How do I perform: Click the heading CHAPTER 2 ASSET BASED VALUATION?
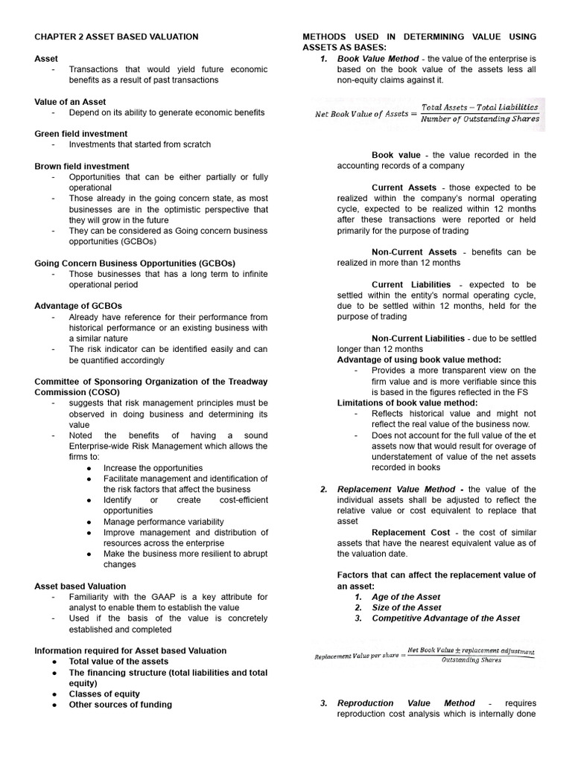tap(116, 36)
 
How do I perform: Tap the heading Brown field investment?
tap(82, 166)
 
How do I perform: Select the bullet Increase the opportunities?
tap(153, 468)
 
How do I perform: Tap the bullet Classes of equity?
tap(104, 694)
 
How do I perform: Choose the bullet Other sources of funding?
tap(120, 704)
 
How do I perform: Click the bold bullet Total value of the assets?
tap(118, 661)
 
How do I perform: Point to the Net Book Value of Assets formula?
tap(427, 113)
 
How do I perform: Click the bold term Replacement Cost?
tap(410, 532)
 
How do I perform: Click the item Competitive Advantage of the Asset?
tap(445, 618)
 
